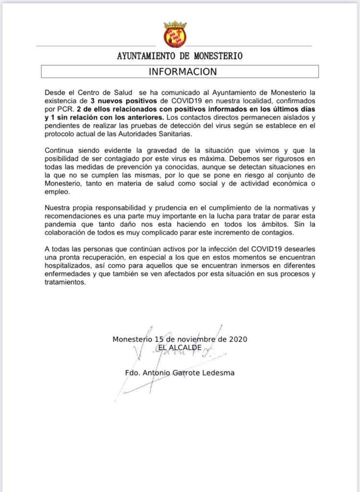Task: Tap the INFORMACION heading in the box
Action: pyautogui.click(x=183, y=72)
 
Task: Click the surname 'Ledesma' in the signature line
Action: pyautogui.click(x=219, y=372)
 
